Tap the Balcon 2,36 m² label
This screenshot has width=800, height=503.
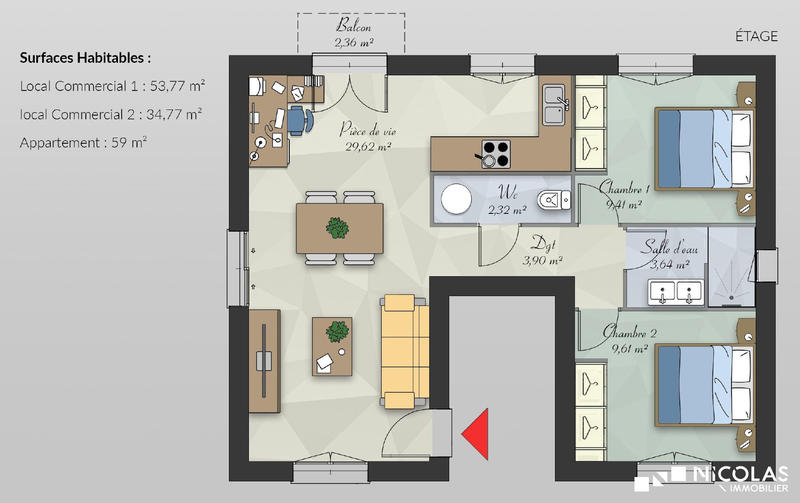click(x=350, y=33)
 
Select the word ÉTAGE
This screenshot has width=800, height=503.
click(x=757, y=36)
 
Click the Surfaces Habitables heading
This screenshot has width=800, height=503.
click(x=85, y=58)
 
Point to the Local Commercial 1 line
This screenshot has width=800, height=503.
click(x=110, y=87)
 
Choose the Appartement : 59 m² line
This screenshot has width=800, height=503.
click(x=83, y=143)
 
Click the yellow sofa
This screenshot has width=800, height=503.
click(x=405, y=350)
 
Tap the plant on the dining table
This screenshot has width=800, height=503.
click(x=339, y=228)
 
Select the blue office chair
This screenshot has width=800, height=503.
click(x=297, y=121)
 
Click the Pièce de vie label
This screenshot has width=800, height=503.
click(x=367, y=137)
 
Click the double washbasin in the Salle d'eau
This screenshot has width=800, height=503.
click(x=675, y=292)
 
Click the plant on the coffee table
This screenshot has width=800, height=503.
click(x=339, y=330)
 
